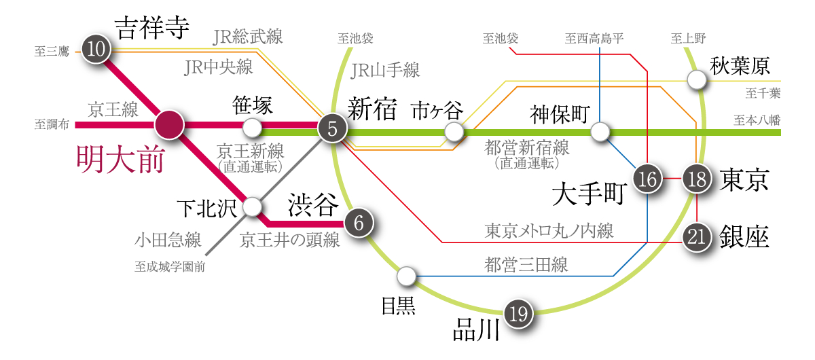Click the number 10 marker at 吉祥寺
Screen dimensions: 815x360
[96, 49]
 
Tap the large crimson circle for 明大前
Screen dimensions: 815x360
[170, 125]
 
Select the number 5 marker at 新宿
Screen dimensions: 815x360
[333, 128]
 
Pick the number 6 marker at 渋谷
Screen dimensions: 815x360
[359, 223]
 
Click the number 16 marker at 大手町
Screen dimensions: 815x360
[648, 179]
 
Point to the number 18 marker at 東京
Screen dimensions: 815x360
[697, 179]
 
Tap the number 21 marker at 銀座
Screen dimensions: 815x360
[697, 237]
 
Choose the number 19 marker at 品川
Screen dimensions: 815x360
[518, 314]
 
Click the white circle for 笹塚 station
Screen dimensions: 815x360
[252, 128]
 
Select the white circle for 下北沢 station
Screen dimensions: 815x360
[252, 206]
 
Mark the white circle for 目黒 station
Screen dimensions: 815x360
[406, 276]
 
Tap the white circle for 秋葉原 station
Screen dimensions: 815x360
[697, 80]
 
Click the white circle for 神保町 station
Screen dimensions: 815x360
[600, 132]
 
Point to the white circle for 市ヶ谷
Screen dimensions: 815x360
[454, 132]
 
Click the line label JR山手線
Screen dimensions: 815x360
[385, 70]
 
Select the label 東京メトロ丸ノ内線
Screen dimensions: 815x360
[549, 231]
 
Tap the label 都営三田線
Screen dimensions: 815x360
[526, 265]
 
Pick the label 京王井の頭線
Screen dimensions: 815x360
[289, 240]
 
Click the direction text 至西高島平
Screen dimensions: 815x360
[594, 38]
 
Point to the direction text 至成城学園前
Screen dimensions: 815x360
[170, 267]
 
